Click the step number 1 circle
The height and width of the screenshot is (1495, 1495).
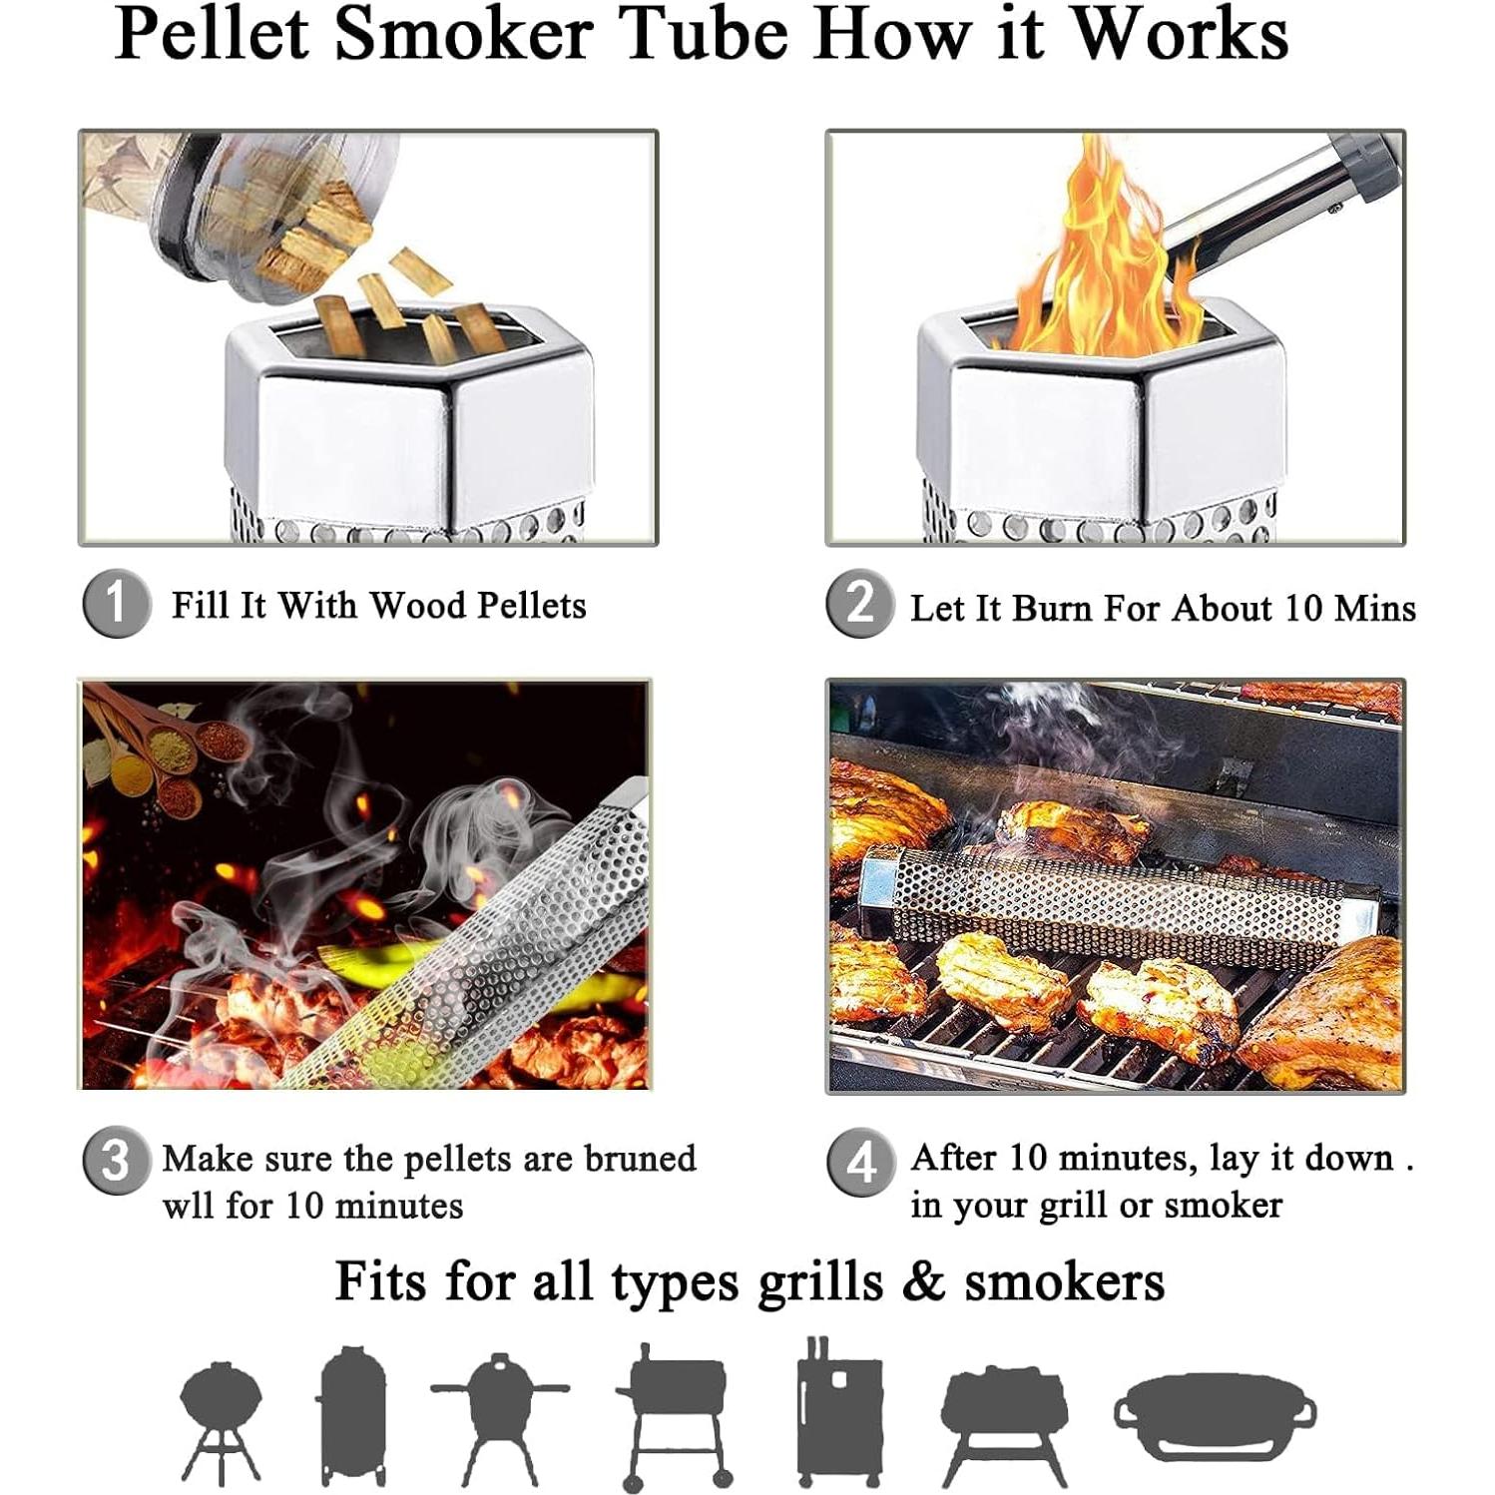[117, 604]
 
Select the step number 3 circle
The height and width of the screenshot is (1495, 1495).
[117, 1161]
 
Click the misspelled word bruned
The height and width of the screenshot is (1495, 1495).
[640, 1159]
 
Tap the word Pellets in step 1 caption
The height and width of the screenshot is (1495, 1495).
[531, 606]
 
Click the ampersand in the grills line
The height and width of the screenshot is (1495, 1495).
[923, 1281]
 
